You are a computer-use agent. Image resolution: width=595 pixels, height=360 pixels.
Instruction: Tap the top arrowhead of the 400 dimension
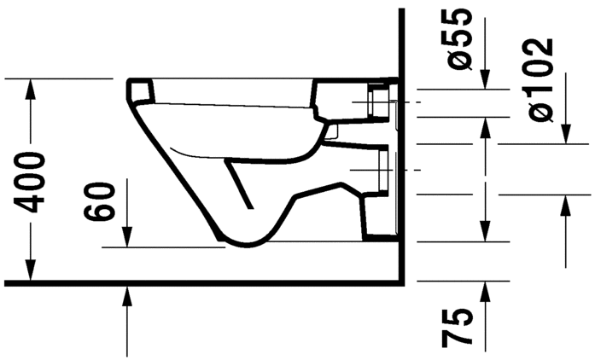coord(32,86)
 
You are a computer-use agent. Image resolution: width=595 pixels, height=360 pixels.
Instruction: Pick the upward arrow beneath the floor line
coord(127,295)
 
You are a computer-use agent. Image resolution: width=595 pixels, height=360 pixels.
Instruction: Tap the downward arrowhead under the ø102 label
coord(564,136)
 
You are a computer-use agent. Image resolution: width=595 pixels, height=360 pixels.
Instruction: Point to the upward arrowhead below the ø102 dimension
coord(564,203)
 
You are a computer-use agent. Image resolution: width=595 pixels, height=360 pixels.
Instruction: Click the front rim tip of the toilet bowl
coord(130,88)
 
